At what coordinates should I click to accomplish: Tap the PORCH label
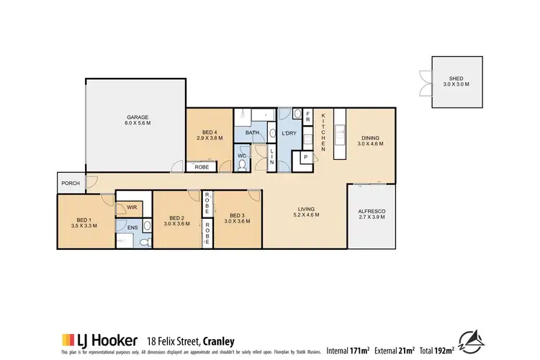click(x=71, y=184)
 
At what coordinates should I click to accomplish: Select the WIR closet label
click(x=131, y=208)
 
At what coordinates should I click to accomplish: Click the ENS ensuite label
click(x=133, y=228)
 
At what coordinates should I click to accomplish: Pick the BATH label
click(x=252, y=133)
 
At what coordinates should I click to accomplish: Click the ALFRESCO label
click(x=372, y=214)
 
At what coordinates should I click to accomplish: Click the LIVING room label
click(x=305, y=211)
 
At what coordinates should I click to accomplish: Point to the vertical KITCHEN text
click(x=324, y=132)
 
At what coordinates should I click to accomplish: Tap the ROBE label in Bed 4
click(x=202, y=167)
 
